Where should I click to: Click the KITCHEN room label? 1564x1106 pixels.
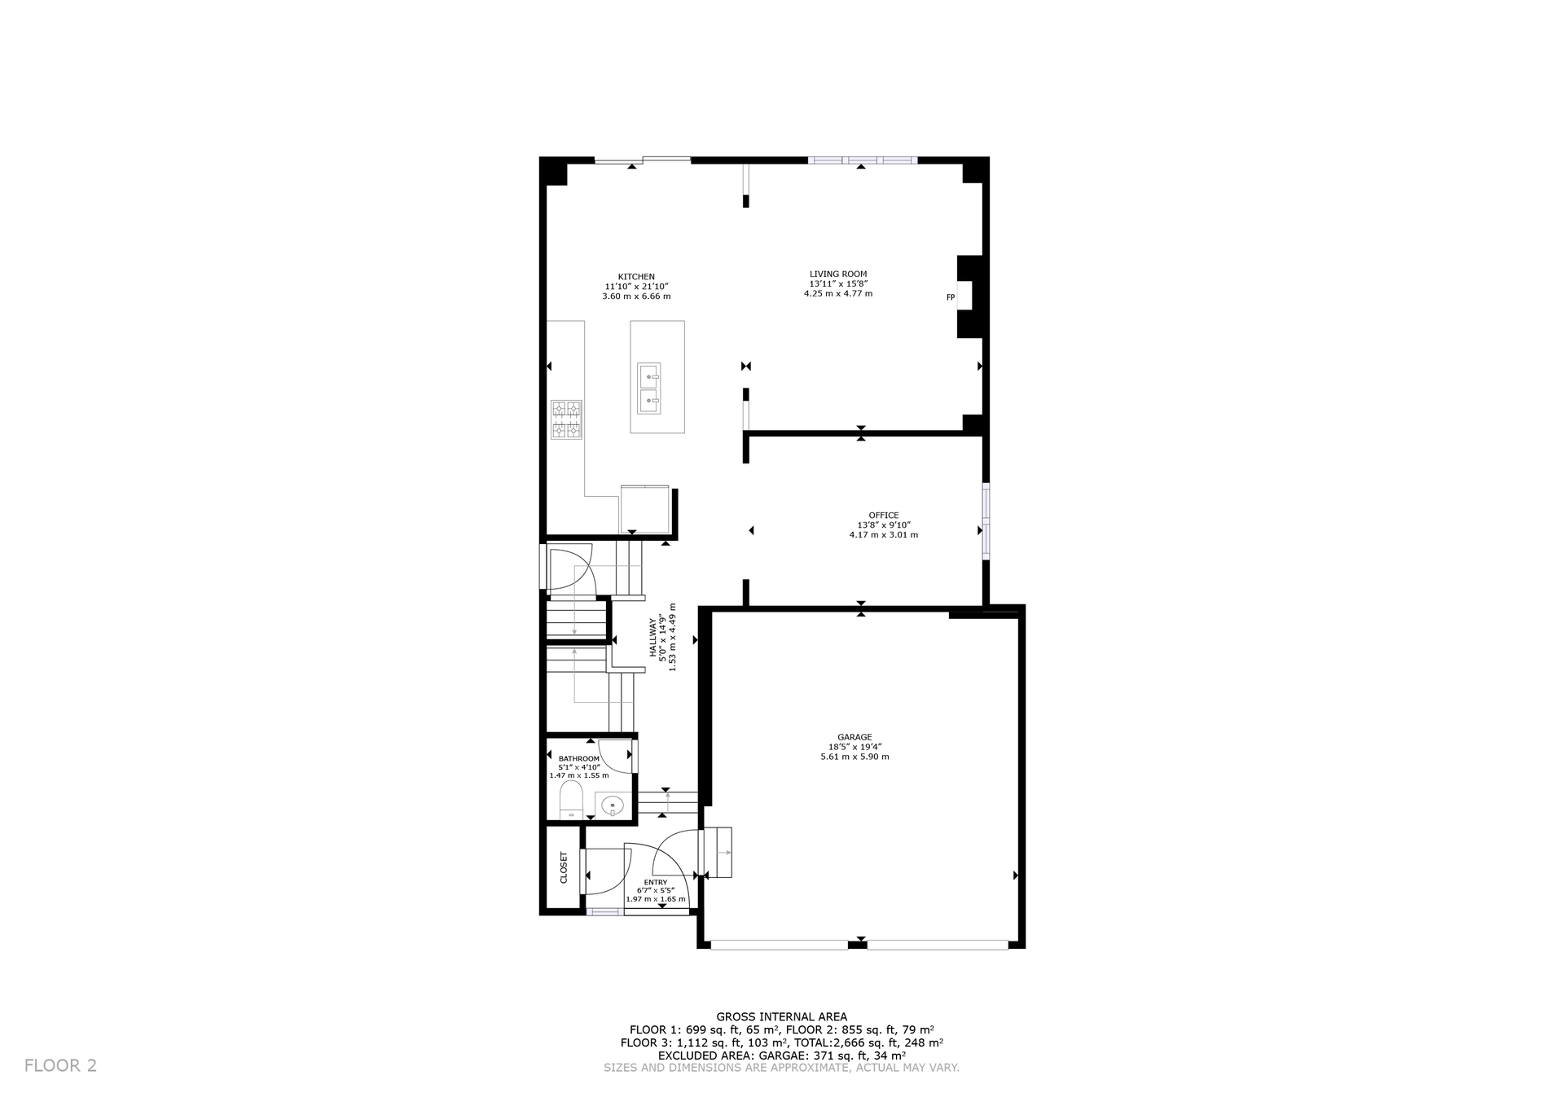tap(636, 277)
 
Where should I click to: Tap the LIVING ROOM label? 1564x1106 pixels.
tap(838, 274)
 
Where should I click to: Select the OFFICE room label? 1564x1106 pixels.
tap(884, 516)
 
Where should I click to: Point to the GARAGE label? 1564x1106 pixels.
tap(854, 738)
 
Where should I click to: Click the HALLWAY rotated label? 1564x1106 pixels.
tap(652, 639)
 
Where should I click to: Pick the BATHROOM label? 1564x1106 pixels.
tap(579, 759)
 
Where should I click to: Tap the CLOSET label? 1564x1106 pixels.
tap(564, 868)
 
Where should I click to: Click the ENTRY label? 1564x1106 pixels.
tap(656, 883)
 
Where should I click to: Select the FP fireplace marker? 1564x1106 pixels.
tap(950, 297)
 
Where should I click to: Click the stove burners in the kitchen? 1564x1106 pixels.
tap(567, 419)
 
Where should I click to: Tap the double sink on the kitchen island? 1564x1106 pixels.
tap(649, 388)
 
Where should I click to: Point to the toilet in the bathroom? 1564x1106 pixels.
tap(571, 801)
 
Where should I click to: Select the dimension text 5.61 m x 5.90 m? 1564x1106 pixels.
tap(854, 757)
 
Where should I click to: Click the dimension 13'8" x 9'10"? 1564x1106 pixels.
tap(884, 525)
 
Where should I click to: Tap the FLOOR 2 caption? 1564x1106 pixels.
tap(60, 1065)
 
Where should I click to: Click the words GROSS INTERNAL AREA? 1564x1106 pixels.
tap(781, 1016)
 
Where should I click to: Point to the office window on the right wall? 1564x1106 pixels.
tap(986, 521)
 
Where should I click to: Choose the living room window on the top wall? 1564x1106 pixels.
tap(862, 160)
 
